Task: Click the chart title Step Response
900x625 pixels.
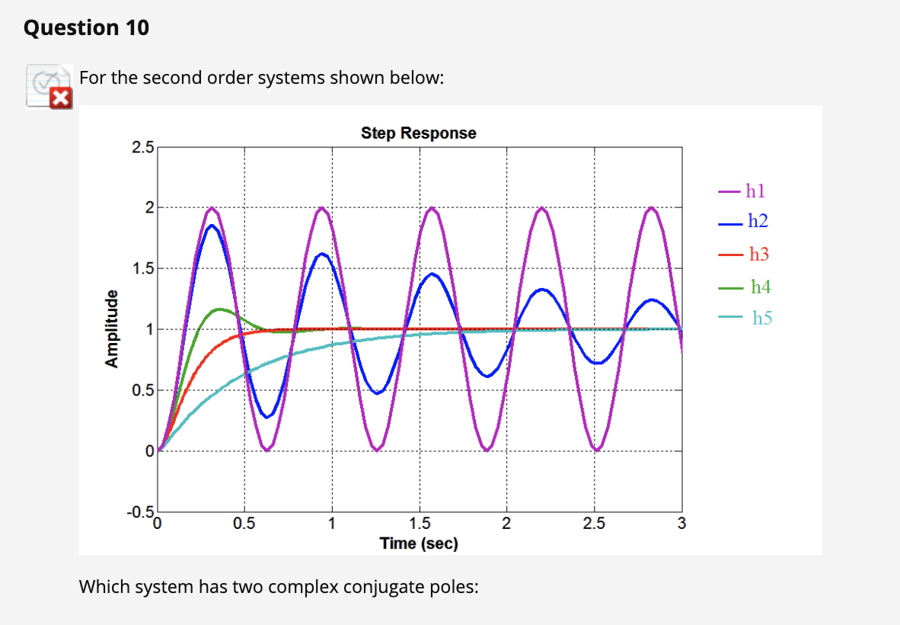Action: pyautogui.click(x=418, y=133)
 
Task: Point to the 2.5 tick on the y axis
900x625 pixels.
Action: pyautogui.click(x=142, y=146)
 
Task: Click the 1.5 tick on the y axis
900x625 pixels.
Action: pyautogui.click(x=142, y=268)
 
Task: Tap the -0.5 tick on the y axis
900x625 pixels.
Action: pyautogui.click(x=139, y=511)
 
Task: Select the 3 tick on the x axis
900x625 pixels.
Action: pyautogui.click(x=681, y=524)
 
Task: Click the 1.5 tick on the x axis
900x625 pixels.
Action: pyautogui.click(x=419, y=524)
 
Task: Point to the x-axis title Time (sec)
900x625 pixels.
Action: pyautogui.click(x=419, y=543)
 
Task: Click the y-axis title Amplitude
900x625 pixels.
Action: pyautogui.click(x=111, y=329)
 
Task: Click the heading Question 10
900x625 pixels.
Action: pyautogui.click(x=86, y=28)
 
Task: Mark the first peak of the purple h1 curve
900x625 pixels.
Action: pyautogui.click(x=212, y=208)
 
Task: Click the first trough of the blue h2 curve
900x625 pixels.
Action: pyautogui.click(x=266, y=417)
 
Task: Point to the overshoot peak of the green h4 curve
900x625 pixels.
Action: pyautogui.click(x=220, y=309)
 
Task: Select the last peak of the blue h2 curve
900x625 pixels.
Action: pyautogui.click(x=652, y=300)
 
